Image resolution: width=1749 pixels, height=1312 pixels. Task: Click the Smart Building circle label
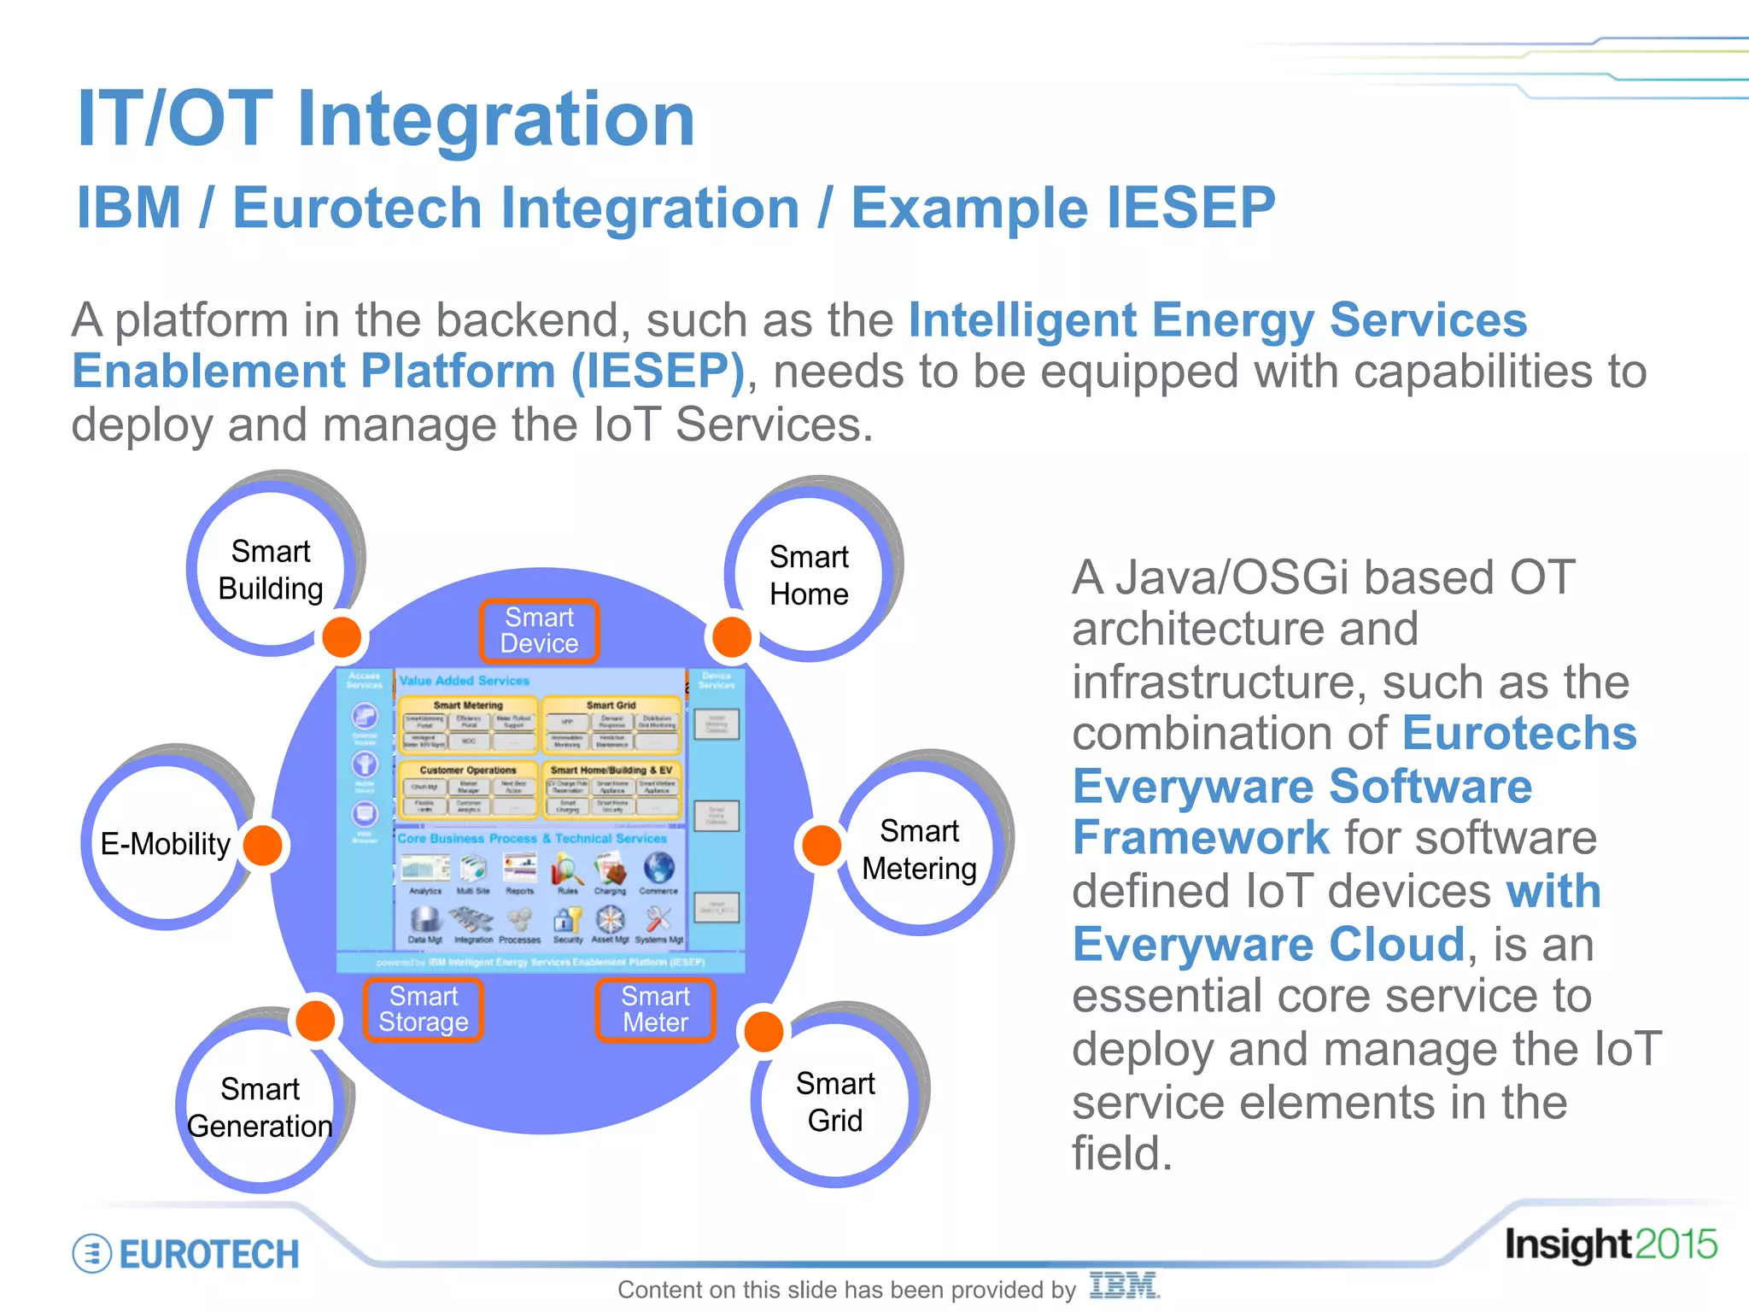coord(271,570)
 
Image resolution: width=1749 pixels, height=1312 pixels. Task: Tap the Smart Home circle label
coord(809,575)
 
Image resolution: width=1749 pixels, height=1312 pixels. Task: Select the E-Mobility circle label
coord(165,844)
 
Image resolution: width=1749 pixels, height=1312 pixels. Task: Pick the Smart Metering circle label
coord(919,849)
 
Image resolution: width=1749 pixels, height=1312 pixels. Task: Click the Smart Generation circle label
coord(260,1107)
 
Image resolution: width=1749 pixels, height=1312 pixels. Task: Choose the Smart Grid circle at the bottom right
coord(835,1102)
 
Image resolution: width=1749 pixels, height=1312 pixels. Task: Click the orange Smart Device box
coord(539,630)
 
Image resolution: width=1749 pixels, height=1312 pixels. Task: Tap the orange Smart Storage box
coord(424,1010)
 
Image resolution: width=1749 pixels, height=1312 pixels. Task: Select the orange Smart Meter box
coord(655,1010)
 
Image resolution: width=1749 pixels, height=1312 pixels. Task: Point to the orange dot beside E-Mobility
coord(263,845)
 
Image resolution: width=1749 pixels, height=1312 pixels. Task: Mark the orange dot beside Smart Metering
coord(822,845)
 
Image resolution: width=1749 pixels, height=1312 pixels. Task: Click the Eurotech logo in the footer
coord(186,1254)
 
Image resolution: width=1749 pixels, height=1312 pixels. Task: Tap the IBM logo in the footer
coord(1124,1286)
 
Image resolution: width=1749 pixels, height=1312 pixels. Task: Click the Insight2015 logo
coord(1610,1245)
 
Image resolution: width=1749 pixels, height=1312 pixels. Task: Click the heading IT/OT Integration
coord(385,120)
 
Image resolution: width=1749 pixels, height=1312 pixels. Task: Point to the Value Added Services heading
coord(465,681)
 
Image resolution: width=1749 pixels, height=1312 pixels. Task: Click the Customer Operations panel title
coord(467,770)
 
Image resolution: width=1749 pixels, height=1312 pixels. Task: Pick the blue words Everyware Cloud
coord(1269,944)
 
